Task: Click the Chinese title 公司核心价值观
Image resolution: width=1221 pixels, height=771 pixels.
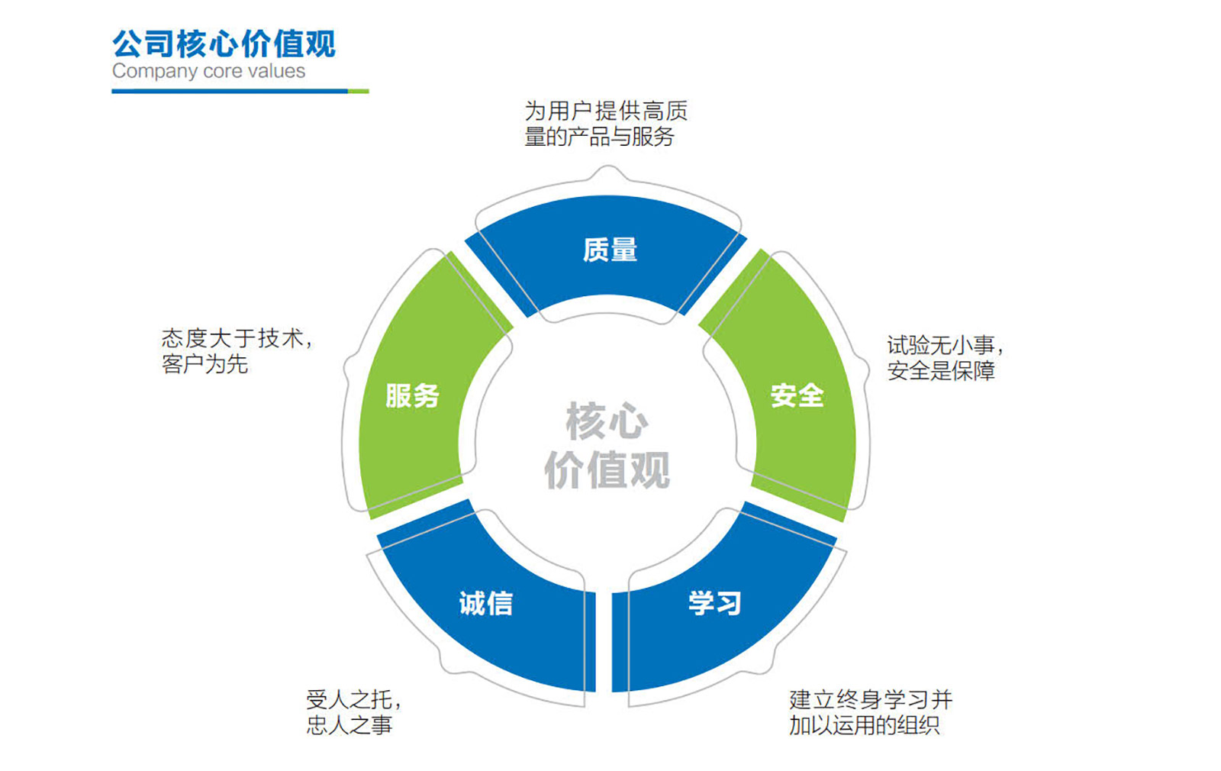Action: tap(224, 44)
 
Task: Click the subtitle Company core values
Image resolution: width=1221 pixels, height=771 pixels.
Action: tap(208, 71)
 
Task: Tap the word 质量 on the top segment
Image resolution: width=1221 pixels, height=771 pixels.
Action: tap(610, 250)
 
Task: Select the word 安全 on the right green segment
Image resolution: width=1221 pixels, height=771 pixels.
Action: tap(797, 395)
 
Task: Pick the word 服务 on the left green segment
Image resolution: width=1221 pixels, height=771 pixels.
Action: tap(412, 395)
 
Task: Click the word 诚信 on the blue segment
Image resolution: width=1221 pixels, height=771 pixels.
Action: tap(486, 603)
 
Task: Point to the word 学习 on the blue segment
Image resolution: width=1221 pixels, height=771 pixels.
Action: tap(715, 603)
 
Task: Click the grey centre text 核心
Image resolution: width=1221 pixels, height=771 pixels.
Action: tap(607, 421)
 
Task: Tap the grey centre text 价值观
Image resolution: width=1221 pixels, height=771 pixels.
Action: tap(607, 469)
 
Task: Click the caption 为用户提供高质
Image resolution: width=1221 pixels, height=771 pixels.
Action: tap(606, 111)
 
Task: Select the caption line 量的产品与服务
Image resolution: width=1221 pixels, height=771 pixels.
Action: tap(600, 137)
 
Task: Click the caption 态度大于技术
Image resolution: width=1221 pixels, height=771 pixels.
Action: tap(237, 338)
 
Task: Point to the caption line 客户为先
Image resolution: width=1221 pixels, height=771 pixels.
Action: tap(205, 364)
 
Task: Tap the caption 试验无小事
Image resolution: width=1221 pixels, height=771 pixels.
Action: tap(945, 345)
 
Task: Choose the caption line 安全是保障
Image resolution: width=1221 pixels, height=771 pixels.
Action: tap(941, 371)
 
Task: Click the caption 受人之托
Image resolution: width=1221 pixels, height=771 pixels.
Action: tap(353, 699)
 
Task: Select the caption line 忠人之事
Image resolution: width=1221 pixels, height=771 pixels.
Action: tap(350, 725)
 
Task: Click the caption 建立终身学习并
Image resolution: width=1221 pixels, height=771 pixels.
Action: tap(871, 699)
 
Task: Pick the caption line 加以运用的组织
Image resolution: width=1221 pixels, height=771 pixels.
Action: tap(865, 725)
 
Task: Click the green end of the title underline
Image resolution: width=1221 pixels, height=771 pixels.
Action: tap(359, 91)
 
